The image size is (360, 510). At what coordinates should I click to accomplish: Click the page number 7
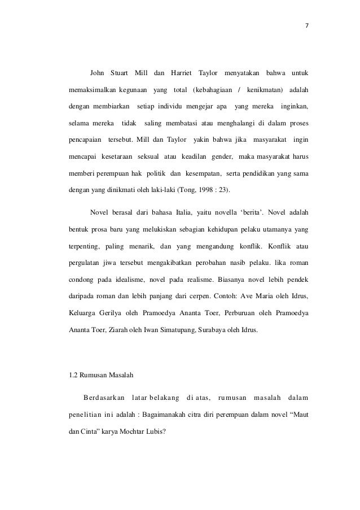point(307,25)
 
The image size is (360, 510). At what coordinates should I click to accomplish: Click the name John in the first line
point(98,74)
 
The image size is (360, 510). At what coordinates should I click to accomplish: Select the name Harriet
point(180,74)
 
